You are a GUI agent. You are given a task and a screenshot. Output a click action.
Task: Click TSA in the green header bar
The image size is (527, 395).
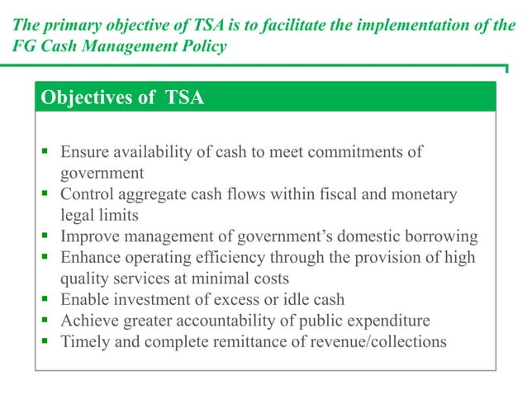(x=182, y=98)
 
